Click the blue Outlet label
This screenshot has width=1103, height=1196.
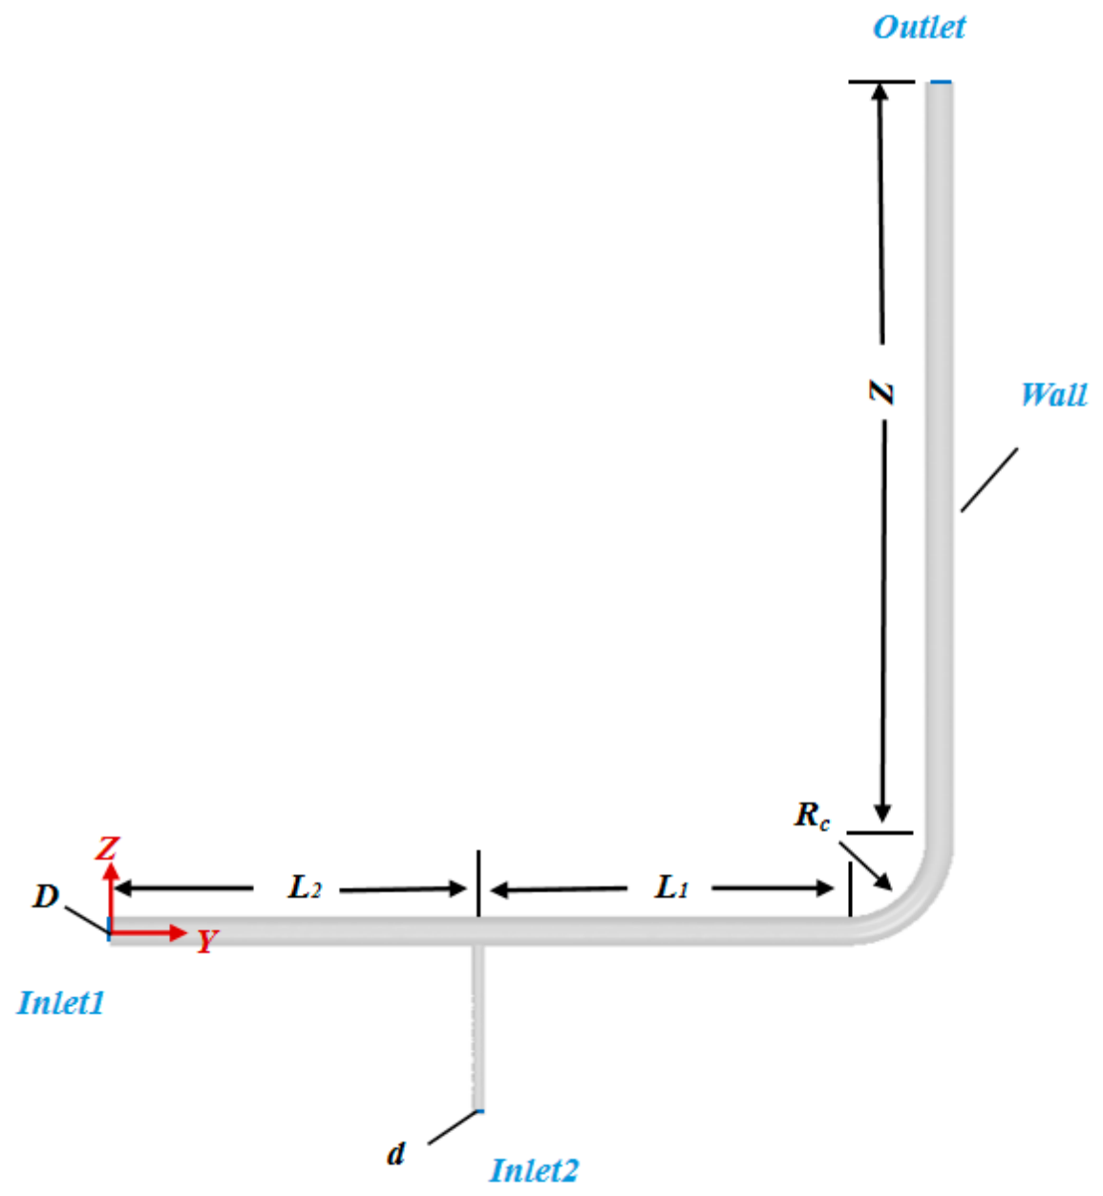pyautogui.click(x=919, y=27)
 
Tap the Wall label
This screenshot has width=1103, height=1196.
pyautogui.click(x=1053, y=395)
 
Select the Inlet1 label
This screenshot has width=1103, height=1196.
pyautogui.click(x=61, y=1003)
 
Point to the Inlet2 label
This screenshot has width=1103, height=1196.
pyautogui.click(x=534, y=1170)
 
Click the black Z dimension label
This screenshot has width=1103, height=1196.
pyautogui.click(x=880, y=393)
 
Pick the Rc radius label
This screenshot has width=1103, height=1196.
pyautogui.click(x=812, y=816)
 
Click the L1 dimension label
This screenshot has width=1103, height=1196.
pyautogui.click(x=671, y=887)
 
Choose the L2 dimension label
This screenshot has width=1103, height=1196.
pyautogui.click(x=305, y=887)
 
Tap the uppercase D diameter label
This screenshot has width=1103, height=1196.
pyautogui.click(x=46, y=896)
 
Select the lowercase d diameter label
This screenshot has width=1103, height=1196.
pyautogui.click(x=395, y=1154)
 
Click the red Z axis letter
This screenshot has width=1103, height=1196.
pyautogui.click(x=108, y=848)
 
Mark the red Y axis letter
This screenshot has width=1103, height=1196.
pyautogui.click(x=206, y=941)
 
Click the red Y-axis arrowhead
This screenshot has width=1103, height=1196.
pyautogui.click(x=179, y=933)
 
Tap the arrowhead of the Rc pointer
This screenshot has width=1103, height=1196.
pyautogui.click(x=884, y=883)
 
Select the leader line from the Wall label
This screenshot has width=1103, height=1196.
pyautogui.click(x=989, y=480)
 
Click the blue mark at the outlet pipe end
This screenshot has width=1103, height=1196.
pyautogui.click(x=941, y=81)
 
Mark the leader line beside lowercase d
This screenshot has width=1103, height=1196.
pyautogui.click(x=453, y=1127)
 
